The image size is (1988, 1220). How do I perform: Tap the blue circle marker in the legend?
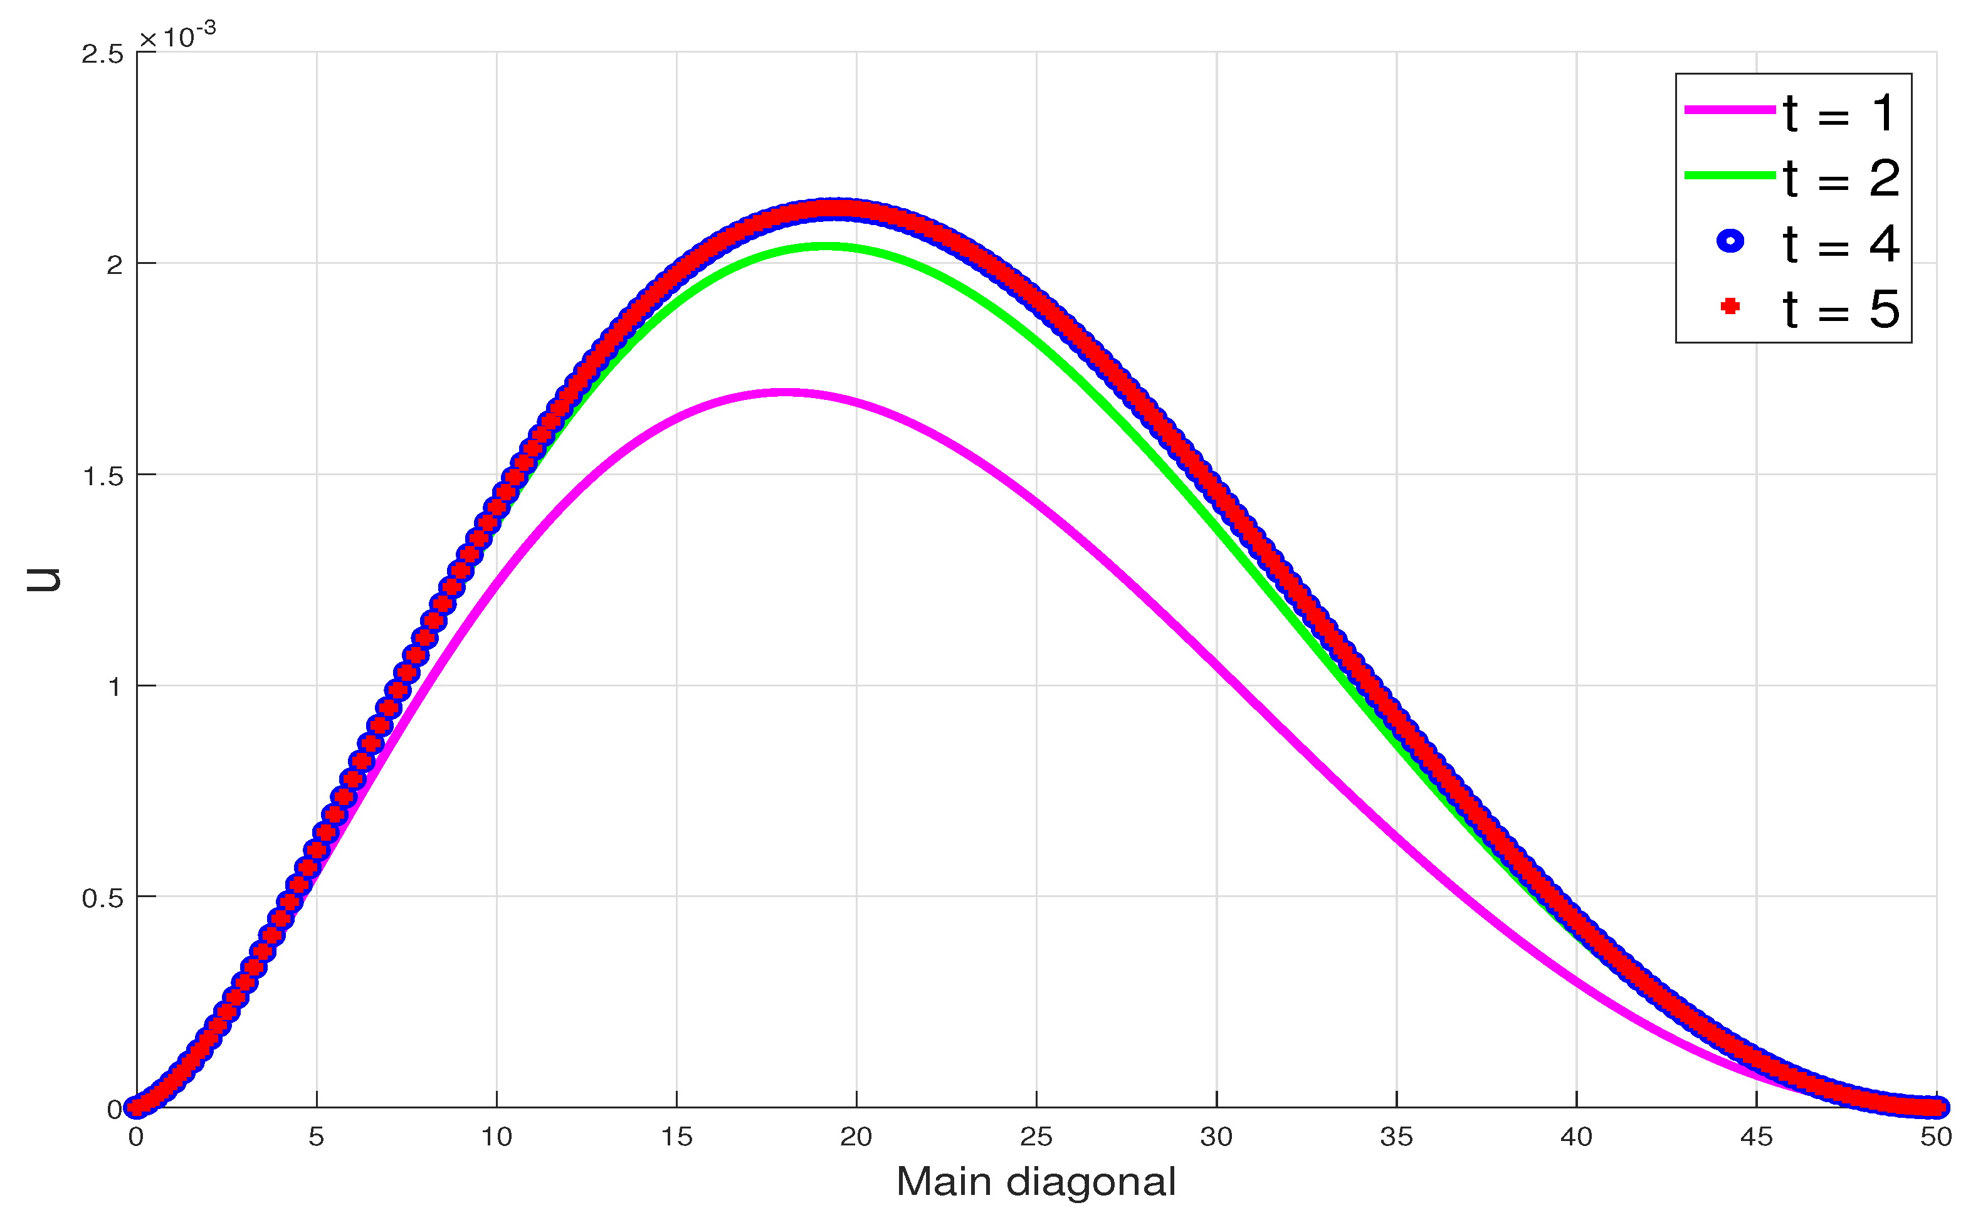click(x=1730, y=241)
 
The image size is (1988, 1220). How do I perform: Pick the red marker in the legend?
click(x=1730, y=307)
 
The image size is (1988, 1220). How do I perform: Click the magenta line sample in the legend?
click(x=1730, y=109)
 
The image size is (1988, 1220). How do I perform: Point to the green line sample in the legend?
click(x=1730, y=175)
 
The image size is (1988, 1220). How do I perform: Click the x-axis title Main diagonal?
click(x=1036, y=1182)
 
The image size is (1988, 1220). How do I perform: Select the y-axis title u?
click(x=45, y=579)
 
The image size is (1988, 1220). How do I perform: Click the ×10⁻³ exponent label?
click(x=177, y=36)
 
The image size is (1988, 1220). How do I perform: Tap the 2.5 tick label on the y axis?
click(x=102, y=54)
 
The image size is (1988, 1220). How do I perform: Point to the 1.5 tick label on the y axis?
click(x=102, y=476)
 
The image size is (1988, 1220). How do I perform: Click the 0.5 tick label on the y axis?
click(x=102, y=898)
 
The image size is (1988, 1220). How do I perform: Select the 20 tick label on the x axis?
click(x=856, y=1137)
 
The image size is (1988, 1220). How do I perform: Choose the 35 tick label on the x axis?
click(x=1397, y=1137)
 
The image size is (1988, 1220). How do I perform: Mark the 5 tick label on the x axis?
click(x=316, y=1137)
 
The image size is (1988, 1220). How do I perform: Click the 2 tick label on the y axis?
click(x=113, y=265)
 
